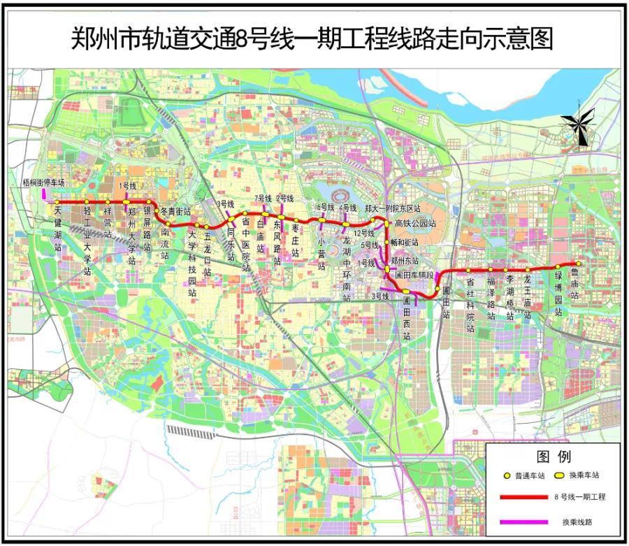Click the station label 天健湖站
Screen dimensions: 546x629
coord(58,228)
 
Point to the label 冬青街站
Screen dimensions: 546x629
coord(175,210)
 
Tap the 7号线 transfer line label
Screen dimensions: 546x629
coord(263,199)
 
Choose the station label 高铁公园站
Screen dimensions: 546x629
coord(415,224)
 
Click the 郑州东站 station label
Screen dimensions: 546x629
coord(405,259)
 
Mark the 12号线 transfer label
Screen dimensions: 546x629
coord(365,232)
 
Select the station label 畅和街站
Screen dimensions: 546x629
coord(404,242)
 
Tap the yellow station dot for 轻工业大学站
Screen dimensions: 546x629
coord(87,201)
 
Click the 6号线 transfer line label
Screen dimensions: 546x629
coord(326,207)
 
